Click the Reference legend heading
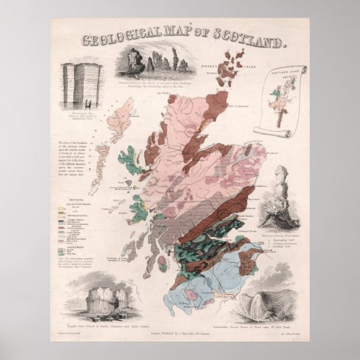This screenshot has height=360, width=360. pos(68,194)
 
